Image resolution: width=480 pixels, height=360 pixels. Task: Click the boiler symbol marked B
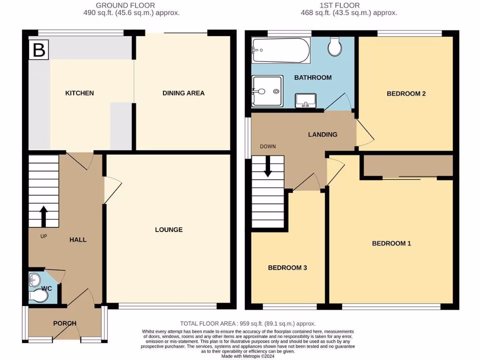click(39, 51)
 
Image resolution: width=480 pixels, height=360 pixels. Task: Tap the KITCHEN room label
click(79, 93)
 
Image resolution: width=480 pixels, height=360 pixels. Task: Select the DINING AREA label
click(183, 93)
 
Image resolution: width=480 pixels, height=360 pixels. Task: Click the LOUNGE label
click(169, 230)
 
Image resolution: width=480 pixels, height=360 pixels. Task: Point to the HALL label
click(78, 240)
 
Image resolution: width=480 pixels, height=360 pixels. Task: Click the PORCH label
click(65, 323)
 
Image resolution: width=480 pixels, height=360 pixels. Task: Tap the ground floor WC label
click(46, 288)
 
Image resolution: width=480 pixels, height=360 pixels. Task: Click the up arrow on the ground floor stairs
click(44, 216)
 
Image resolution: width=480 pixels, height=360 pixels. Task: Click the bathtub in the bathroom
click(281, 51)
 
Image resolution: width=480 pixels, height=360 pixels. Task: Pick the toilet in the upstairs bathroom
click(335, 47)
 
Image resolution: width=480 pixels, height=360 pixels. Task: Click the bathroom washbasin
click(306, 100)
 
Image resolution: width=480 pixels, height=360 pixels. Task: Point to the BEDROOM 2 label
click(406, 94)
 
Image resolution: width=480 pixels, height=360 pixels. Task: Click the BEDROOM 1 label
click(391, 244)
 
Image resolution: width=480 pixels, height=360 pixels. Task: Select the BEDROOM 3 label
click(287, 268)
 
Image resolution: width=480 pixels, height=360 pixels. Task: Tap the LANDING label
click(322, 135)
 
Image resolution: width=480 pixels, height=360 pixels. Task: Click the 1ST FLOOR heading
click(349, 6)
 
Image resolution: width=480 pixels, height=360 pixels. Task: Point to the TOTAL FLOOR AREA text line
click(248, 323)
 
